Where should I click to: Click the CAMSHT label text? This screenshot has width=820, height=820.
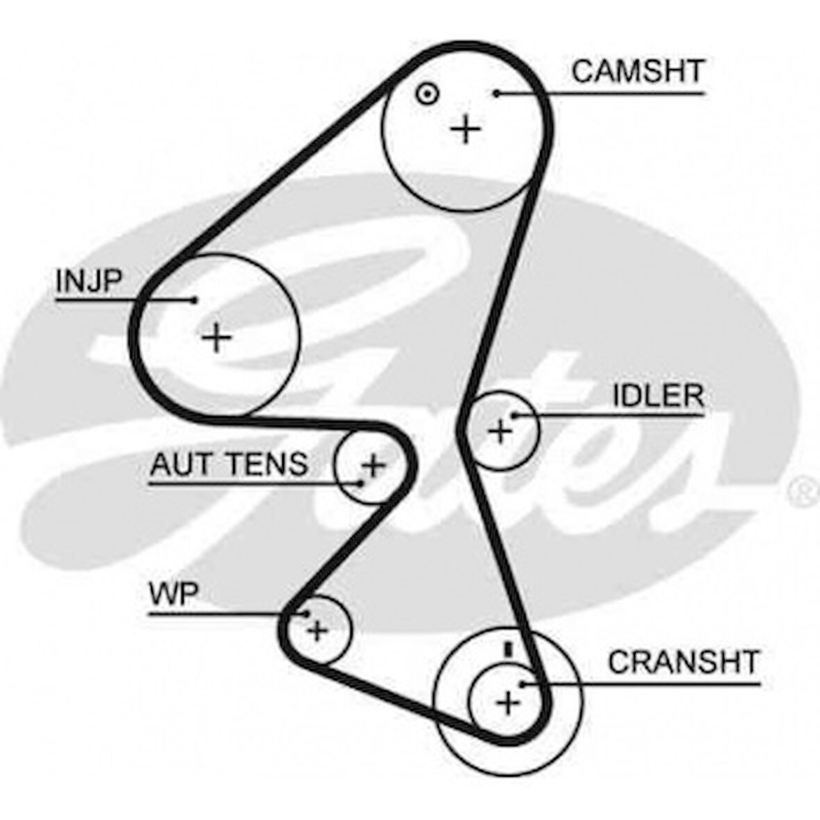[637, 71]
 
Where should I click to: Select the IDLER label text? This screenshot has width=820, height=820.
[657, 396]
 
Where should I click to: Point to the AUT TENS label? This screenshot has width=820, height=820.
[229, 464]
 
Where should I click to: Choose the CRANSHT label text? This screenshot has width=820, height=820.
[683, 662]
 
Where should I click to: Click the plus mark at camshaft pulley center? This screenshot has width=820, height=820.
[466, 129]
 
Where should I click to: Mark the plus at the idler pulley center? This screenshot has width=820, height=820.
[500, 432]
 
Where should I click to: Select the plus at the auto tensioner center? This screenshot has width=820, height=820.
[374, 464]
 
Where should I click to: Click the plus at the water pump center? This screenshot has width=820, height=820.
[318, 631]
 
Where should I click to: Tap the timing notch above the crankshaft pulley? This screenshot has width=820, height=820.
[508, 649]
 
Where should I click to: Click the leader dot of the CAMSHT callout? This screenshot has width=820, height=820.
[497, 93]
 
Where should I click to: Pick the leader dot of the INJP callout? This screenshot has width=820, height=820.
[195, 300]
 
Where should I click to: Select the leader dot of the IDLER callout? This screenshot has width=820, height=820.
[515, 416]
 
